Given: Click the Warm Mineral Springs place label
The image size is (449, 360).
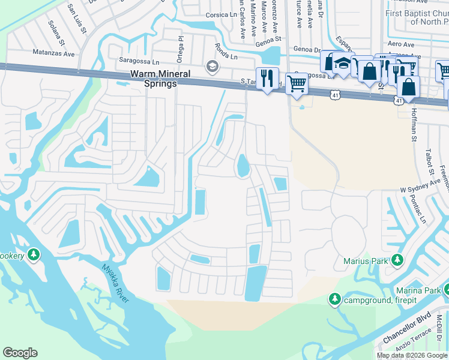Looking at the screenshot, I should (x=154, y=79).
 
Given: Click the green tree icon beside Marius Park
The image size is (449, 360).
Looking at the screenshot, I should (x=396, y=260).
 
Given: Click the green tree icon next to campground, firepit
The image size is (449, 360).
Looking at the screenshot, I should (x=335, y=299).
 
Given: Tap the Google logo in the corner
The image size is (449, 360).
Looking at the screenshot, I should (x=20, y=353).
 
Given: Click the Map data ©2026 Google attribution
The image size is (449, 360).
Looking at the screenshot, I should (x=412, y=355).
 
